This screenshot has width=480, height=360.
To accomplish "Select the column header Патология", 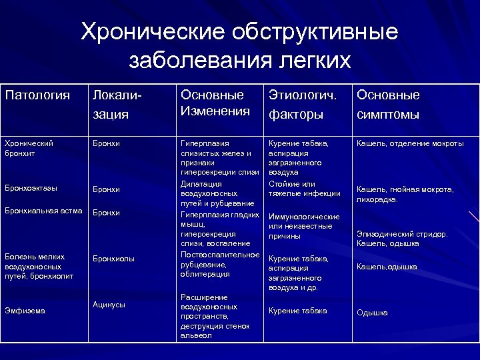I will point(37,95).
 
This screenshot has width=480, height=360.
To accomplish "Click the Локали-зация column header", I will point(118,105).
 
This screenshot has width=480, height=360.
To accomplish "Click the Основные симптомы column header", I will point(388,105).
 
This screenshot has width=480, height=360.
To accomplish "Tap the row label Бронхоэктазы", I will point(31,188).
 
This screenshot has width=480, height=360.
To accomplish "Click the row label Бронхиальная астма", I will point(43,211).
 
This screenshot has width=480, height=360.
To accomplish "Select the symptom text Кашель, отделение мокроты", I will point(410,143).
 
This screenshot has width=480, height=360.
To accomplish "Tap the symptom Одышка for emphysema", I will point(372,313).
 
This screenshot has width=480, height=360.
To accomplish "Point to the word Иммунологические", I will point(304,217).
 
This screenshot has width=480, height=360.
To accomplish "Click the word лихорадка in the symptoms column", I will point(377,199).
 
